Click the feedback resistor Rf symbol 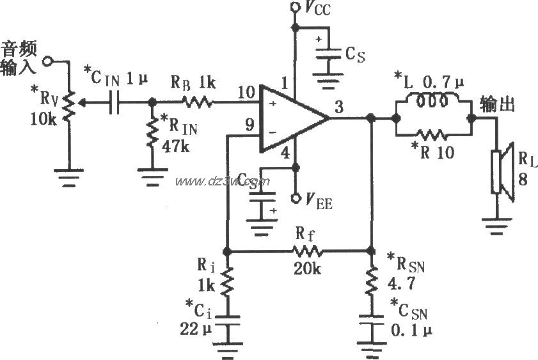point(307,251)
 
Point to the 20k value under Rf point(307,269)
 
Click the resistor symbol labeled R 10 point(433,135)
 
